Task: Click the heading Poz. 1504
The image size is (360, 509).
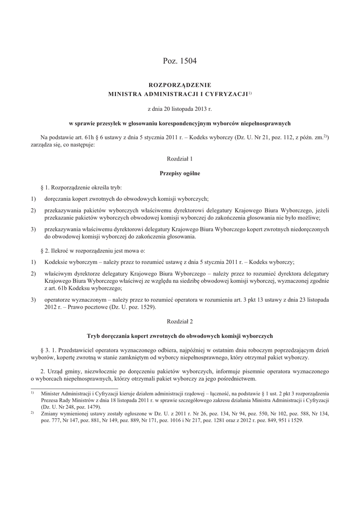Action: (180, 61)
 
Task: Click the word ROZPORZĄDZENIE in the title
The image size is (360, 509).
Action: (180, 85)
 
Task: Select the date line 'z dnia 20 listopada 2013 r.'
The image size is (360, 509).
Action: (180, 108)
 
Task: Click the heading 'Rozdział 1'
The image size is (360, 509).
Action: (180, 159)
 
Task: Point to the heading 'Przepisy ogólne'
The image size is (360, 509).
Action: (180, 173)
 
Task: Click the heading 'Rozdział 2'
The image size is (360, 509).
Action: (180, 322)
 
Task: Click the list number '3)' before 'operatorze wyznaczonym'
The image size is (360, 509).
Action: (33, 300)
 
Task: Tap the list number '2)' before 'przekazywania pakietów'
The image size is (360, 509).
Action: (33, 211)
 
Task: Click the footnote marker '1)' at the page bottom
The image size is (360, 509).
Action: (32, 393)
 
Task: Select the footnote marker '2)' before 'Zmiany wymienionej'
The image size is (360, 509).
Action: (32, 413)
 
